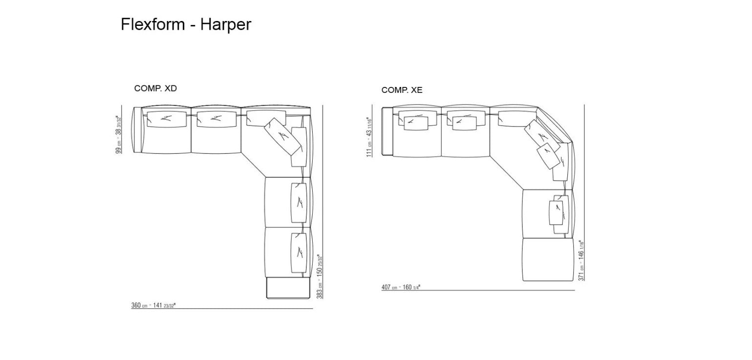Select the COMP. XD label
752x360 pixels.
click(155, 88)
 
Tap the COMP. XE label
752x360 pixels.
click(402, 90)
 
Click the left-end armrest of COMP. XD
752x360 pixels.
click(137, 129)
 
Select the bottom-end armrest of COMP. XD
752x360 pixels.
click(288, 289)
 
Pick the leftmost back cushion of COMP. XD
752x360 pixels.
click(167, 119)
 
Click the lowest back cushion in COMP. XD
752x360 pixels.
click(299, 252)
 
